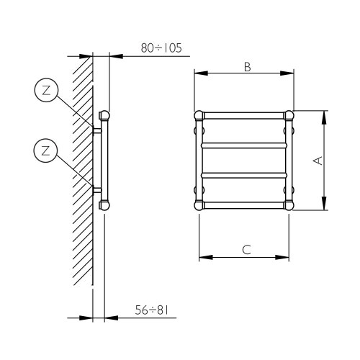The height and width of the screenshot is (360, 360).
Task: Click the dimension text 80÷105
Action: pos(161,48)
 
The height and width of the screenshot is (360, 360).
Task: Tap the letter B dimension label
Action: pos(246,67)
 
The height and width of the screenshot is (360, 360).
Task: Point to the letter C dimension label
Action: pos(246,250)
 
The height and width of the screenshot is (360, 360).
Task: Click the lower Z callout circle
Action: pos(45,150)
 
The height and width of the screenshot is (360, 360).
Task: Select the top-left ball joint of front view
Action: pos(199,114)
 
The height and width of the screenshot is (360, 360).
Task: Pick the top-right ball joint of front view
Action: pos(289,114)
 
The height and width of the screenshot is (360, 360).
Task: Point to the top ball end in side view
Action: pos(104,114)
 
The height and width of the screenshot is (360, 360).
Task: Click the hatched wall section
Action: pos(81,180)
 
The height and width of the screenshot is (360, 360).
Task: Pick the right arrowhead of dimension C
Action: pos(291,256)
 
